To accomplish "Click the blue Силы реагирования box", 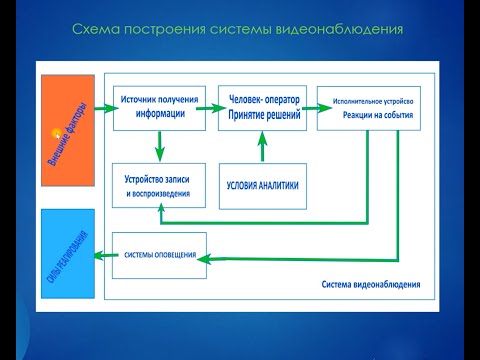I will pos(67,254).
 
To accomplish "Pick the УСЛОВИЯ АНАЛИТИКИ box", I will pos(261,184).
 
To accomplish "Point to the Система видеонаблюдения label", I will pos(371,283).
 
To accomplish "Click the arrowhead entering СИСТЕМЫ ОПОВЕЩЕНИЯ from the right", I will pos(204,261).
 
